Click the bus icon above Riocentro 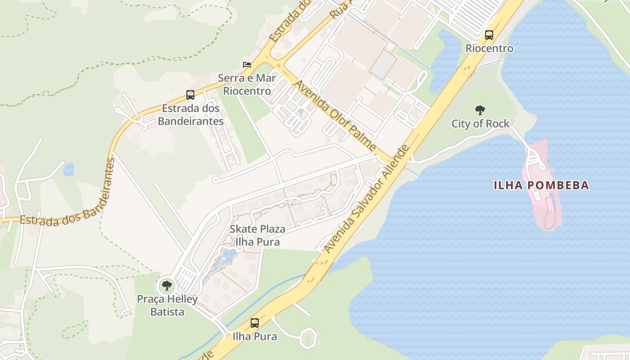coord(489,35)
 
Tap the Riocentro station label coord(489,48)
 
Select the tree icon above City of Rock coord(480,110)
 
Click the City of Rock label coord(480,124)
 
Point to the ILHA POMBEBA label coord(541,185)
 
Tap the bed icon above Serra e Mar coord(247,64)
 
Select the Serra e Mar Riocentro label coord(247,85)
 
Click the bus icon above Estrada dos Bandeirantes coord(190,95)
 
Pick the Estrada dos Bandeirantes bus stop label coord(190,115)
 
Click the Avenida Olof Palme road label coord(335,115)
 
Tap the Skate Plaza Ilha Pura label coord(257,235)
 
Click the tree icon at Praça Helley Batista coord(167,285)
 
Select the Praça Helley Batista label coord(167,306)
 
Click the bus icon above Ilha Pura coord(255,323)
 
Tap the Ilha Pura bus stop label coord(255,336)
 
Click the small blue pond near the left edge coord(68,170)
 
